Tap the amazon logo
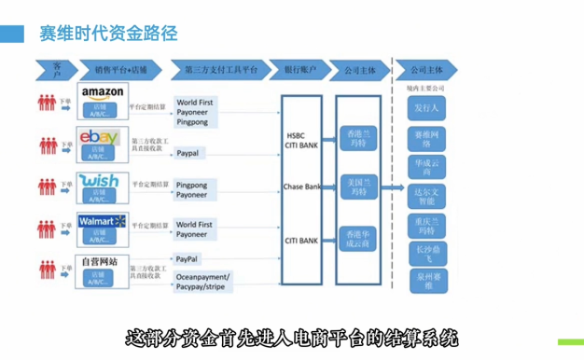(103, 92)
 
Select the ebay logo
(99, 137)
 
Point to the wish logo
(99, 180)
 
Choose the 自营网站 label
(100, 261)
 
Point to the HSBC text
(296, 135)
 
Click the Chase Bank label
(300, 187)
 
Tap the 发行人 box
(426, 109)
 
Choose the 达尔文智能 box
(426, 195)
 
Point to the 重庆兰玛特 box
(426, 225)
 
